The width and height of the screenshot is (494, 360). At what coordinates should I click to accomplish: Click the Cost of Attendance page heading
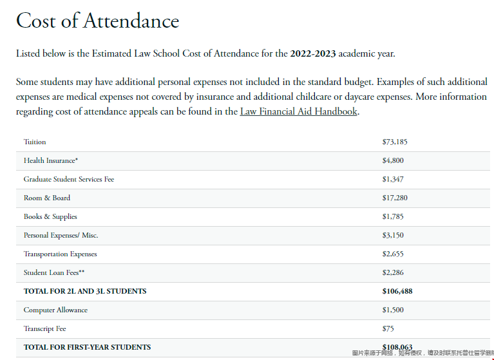click(x=97, y=21)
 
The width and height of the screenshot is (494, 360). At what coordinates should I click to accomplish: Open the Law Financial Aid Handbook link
click(x=298, y=111)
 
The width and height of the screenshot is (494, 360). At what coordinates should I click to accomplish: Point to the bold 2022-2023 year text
click(x=313, y=53)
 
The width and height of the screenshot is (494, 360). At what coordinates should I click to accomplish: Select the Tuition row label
click(x=35, y=142)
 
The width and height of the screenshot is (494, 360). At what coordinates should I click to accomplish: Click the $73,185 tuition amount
click(x=395, y=142)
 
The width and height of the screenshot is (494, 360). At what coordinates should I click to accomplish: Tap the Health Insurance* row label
click(x=51, y=160)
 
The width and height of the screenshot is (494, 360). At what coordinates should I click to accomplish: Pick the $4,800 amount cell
click(x=393, y=160)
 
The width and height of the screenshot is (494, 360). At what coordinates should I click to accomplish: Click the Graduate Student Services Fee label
click(x=69, y=179)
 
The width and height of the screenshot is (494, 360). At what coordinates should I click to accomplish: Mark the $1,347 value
click(x=393, y=179)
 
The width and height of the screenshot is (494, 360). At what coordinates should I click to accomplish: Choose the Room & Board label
click(x=47, y=198)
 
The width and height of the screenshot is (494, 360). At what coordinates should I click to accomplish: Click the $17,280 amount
click(x=395, y=198)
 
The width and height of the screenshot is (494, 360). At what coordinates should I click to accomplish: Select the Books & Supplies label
click(x=50, y=216)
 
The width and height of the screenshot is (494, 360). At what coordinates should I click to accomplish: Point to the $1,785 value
click(x=393, y=216)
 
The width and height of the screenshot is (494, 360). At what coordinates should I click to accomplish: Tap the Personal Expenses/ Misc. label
click(x=61, y=235)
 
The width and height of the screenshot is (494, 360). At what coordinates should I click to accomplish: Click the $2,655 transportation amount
click(x=393, y=254)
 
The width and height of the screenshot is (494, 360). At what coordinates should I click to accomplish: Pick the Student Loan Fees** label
click(x=54, y=272)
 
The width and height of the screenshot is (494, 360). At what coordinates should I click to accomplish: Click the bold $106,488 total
click(x=397, y=291)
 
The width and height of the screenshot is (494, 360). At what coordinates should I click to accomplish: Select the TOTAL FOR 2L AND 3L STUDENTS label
click(x=85, y=291)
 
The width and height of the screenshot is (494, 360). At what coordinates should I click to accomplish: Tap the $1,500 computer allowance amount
click(x=393, y=310)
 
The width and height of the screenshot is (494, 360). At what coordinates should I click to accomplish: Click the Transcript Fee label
click(x=45, y=328)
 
